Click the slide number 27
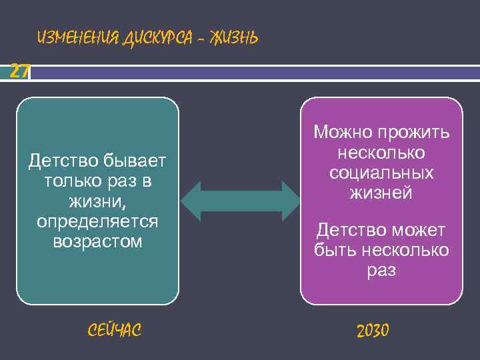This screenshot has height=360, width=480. tap(19, 71)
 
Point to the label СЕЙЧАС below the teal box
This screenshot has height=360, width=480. tap(114, 329)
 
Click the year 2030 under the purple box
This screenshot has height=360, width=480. tap(373, 330)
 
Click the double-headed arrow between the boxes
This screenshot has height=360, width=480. tap(241, 201)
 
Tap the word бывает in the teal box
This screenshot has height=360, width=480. tap(136, 160)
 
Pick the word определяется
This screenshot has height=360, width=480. tap(97, 221)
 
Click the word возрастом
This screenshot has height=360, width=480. tap(97, 241)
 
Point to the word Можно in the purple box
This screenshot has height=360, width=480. tap(341, 133)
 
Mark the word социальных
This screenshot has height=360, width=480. tap(381, 173)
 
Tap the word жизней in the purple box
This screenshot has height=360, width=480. tap(381, 193)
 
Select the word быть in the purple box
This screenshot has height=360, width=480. tap(335, 251)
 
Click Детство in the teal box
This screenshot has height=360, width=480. tap(64, 160)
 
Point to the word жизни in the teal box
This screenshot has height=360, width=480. tap(97, 201)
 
